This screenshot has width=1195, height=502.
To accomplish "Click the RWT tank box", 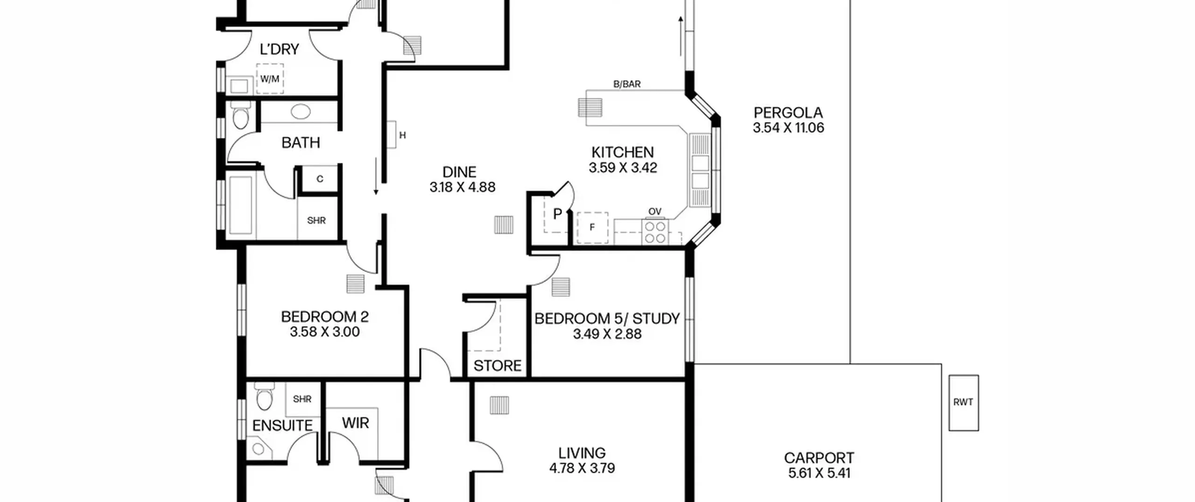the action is coord(963,403).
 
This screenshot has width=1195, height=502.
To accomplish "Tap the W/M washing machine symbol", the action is coord(270,79).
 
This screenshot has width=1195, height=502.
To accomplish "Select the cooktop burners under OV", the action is coord(655,232).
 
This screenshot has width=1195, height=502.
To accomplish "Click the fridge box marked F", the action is coord(592,227).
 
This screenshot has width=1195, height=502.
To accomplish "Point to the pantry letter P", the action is coord(557,214).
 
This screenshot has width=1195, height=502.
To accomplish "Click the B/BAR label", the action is coord(627,84).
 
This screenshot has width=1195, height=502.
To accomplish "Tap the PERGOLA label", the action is coord(788,113).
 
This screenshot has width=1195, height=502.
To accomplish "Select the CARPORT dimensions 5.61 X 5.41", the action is coord(819,473).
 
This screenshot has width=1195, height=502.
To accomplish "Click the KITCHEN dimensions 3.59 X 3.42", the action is coord(623,168).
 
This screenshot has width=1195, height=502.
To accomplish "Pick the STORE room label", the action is coord(497,366).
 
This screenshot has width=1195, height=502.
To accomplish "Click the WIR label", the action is coord(355,423).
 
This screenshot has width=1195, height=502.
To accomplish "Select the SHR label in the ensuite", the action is coord(302,399).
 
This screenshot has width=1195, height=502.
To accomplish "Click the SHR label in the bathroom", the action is coord(316,220).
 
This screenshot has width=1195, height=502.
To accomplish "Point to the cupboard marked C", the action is coord(320,179).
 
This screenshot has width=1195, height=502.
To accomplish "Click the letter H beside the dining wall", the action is coord(402,135).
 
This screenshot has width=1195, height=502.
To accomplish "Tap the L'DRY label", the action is coord(279,49).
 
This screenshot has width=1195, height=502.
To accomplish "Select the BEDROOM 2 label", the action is coord(325,317).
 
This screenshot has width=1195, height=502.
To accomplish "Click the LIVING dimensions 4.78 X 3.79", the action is coord(582,468).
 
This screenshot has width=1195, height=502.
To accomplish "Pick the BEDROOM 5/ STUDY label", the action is coord(607,319).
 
